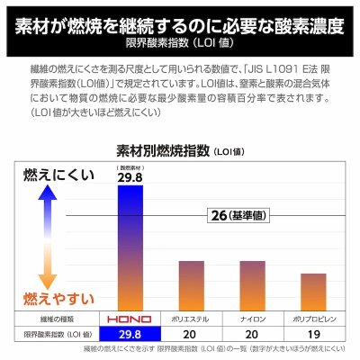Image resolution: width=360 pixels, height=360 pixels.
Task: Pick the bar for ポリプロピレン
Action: [x=312, y=290]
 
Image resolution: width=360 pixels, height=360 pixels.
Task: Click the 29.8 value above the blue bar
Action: [x=131, y=180]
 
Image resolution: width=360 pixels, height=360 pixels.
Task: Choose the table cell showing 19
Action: [x=312, y=335]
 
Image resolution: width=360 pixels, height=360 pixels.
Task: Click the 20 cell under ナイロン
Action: [x=253, y=335]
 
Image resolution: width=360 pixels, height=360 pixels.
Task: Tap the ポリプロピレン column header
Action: [x=312, y=319]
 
